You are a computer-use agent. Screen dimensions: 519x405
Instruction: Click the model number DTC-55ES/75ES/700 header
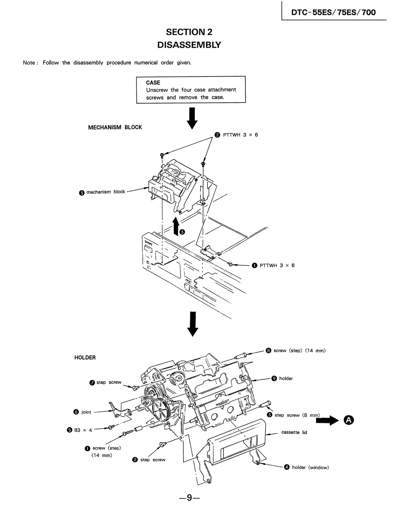coord(333,12)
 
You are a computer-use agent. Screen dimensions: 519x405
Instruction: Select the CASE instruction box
coord(191,90)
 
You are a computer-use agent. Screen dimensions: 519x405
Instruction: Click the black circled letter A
coord(349,420)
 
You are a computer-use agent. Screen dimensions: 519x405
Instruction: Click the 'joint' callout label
coord(86,412)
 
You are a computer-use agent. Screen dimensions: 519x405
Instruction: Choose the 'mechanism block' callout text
coord(105,192)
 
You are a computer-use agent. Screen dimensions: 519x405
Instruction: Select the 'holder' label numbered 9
coord(286,378)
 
